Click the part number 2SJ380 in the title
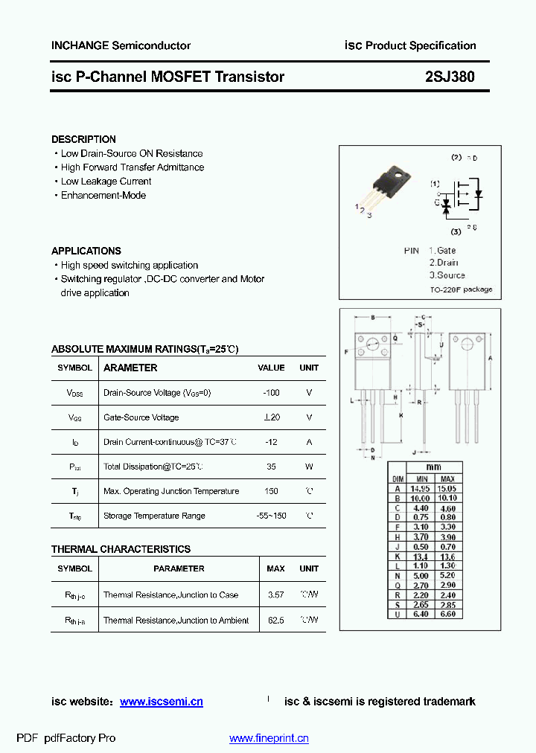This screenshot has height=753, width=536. [x=450, y=77]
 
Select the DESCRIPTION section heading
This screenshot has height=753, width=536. [x=83, y=139]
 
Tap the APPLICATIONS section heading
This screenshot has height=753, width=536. [x=86, y=251]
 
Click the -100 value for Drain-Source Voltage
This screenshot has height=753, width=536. [x=271, y=392]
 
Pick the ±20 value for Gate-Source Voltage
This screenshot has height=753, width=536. [x=271, y=417]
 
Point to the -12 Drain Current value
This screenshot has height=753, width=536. [x=271, y=442]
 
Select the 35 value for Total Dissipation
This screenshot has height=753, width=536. [x=271, y=467]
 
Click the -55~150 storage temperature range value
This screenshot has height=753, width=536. [x=271, y=516]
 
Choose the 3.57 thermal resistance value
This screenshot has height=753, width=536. [x=275, y=595]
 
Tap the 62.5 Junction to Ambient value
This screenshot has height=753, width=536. [x=275, y=620]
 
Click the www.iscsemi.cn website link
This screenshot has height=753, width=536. [x=161, y=702]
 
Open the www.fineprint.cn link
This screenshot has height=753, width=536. [x=269, y=738]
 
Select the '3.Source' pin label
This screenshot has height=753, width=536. [x=447, y=275]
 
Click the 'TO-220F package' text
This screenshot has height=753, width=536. [x=461, y=289]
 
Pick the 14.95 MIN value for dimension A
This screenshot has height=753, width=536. [x=422, y=488]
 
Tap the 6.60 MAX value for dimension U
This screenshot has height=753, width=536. [x=448, y=614]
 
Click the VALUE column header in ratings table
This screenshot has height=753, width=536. [x=271, y=368]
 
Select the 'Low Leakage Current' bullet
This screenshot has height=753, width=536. [x=106, y=182]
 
